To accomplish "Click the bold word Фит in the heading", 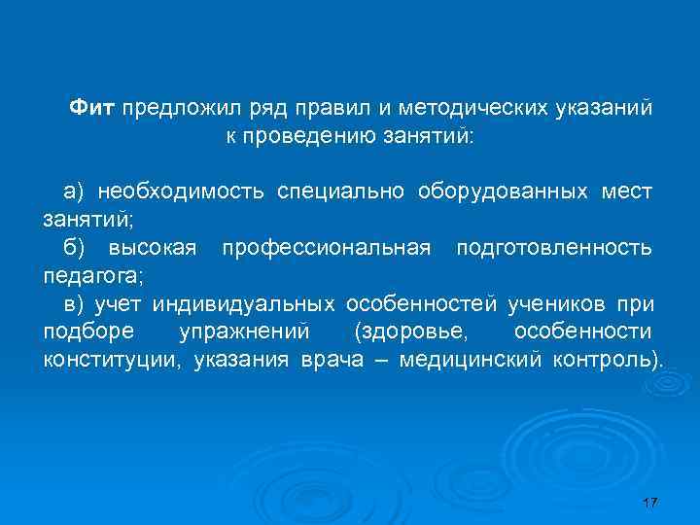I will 93,106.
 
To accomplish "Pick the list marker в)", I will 75,305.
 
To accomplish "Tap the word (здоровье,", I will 411,332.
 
